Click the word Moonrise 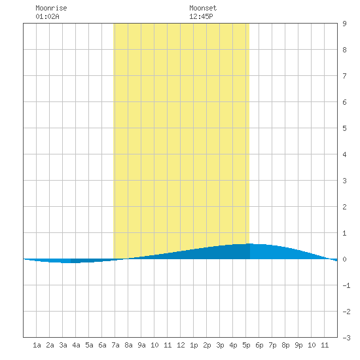point(51,8)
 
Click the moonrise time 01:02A point(47,16)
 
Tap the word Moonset point(203,8)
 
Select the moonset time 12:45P point(201,16)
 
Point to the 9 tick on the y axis point(344,24)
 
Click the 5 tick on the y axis point(344,128)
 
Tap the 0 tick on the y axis point(344,259)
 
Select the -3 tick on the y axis point(346,338)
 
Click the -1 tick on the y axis point(346,285)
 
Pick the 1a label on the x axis point(37,345)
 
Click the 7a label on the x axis point(115,345)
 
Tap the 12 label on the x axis point(181,345)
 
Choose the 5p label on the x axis point(246,345)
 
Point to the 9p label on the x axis point(298,345)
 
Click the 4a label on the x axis point(76,345)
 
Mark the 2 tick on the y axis point(344,207)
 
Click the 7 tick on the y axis point(344,76)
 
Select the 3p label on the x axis point(220,345)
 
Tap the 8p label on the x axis point(285,345)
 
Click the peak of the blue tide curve point(249,243)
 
